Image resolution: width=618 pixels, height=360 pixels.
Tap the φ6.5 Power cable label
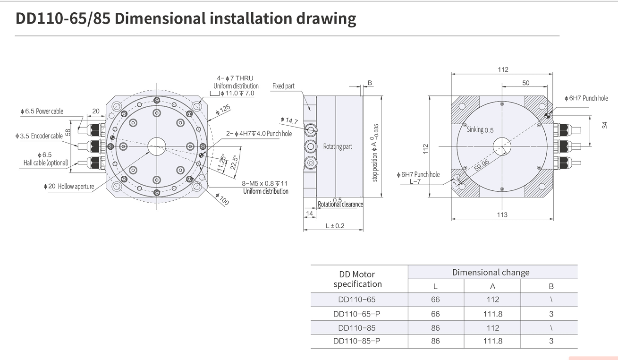pos(42,111)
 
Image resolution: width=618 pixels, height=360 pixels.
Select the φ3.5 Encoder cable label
pos(39,136)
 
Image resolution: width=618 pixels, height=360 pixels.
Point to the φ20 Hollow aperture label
pos(69,186)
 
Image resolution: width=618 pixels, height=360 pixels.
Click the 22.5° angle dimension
pos(234,163)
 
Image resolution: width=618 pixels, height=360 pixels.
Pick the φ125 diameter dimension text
pos(223,110)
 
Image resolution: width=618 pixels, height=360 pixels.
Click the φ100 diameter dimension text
pos(222,199)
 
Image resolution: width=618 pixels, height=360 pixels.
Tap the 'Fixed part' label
pos(283,86)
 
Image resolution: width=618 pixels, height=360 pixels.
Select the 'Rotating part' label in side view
pos(338,146)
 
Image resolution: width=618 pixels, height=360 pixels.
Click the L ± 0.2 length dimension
pos(335,226)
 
